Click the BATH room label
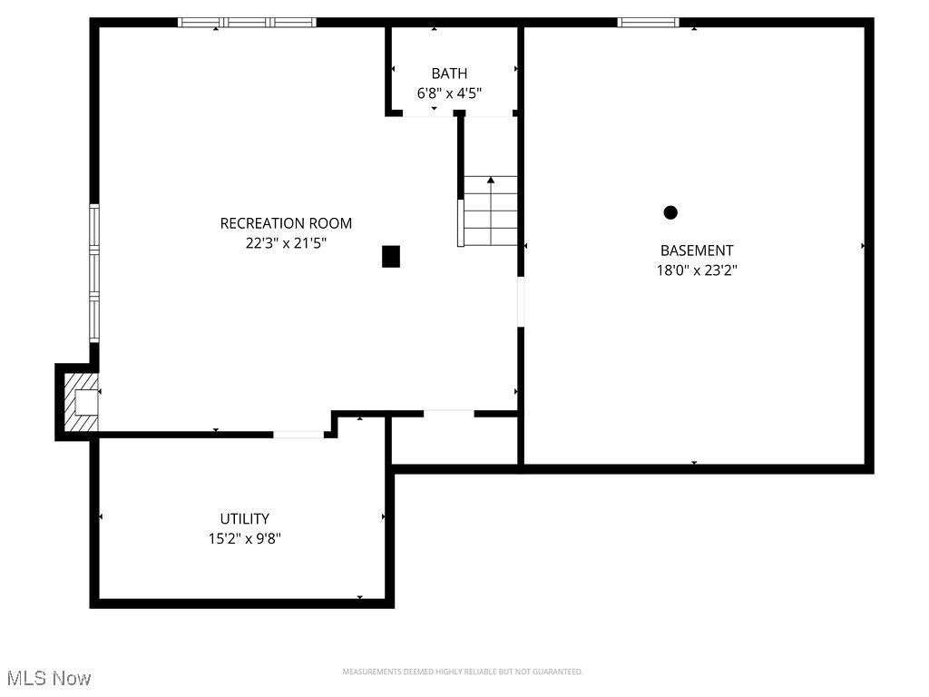point(449,74)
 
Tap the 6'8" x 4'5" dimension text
point(449,93)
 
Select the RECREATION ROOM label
point(286,223)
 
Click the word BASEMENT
point(697,250)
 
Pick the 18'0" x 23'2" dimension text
point(697,270)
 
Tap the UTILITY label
point(244,519)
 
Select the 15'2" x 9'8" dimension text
point(244,538)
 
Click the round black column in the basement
point(670,212)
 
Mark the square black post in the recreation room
point(391,257)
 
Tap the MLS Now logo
point(49,678)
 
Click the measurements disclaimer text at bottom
point(463,672)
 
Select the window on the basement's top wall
point(648,23)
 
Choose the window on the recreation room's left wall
point(93,272)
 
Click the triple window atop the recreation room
point(247,23)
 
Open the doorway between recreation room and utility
point(298,435)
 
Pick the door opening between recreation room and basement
point(521,301)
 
